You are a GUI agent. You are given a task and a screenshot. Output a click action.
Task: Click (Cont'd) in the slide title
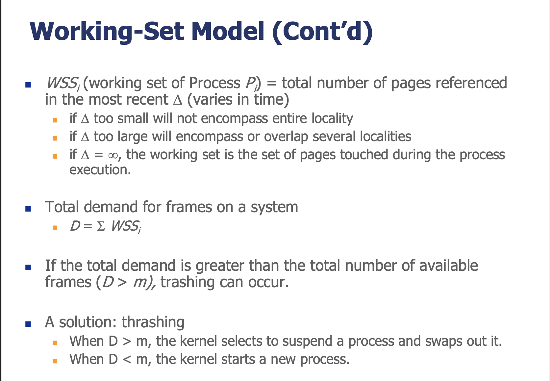322,32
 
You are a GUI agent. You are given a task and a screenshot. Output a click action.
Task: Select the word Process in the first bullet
214,83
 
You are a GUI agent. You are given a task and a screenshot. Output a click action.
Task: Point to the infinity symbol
113,155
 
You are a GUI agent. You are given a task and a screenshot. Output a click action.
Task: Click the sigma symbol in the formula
101,226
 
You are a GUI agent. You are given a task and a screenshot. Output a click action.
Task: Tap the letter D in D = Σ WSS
75,226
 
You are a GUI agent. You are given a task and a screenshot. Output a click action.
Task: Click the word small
133,118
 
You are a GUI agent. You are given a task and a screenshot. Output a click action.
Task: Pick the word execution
100,170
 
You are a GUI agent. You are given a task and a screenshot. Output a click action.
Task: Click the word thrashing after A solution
153,322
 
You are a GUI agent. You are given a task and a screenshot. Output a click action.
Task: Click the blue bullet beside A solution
28,324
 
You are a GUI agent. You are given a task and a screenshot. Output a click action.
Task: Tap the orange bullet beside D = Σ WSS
55,228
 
